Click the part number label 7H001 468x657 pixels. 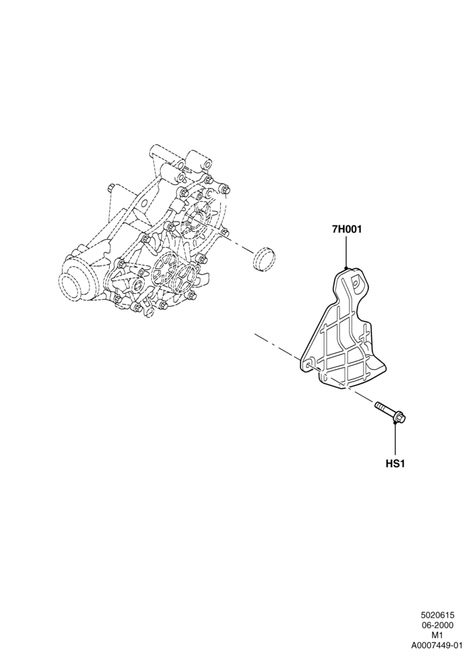pyautogui.click(x=346, y=229)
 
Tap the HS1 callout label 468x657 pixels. pyautogui.click(x=395, y=464)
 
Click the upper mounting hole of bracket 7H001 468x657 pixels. pyautogui.click(x=356, y=283)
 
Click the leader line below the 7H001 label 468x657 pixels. pyautogui.click(x=346, y=251)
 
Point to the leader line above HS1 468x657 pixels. pyautogui.click(x=396, y=440)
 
